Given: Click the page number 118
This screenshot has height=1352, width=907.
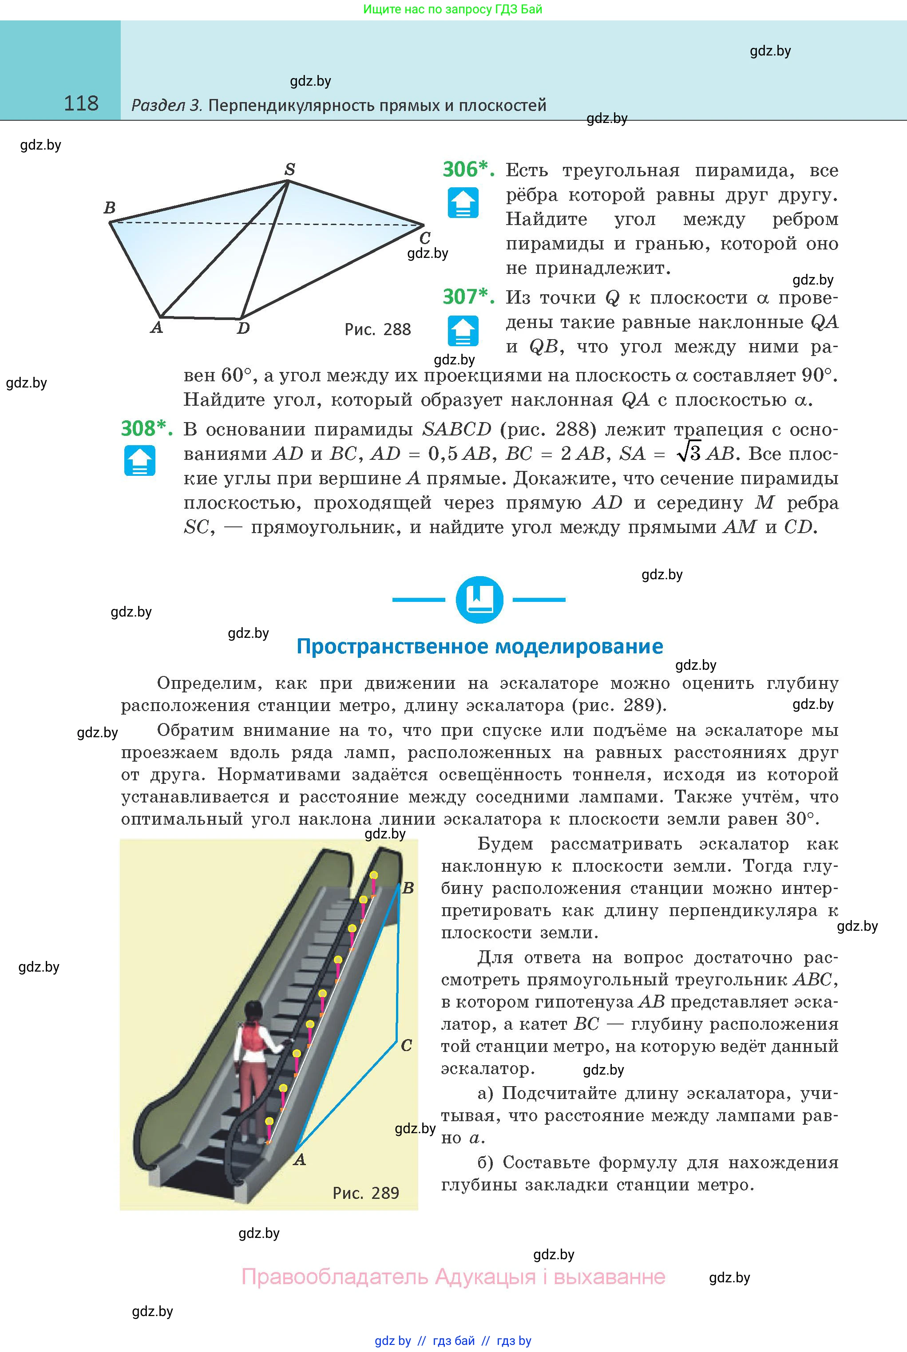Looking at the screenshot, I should coord(81,103).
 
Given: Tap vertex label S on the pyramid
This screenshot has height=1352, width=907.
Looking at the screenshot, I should coord(290,170).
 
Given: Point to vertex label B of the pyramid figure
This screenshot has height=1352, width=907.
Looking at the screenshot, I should coord(109,208).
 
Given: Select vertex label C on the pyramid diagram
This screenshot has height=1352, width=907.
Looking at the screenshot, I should coord(424,237).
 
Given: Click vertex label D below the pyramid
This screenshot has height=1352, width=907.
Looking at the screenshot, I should coord(244,328).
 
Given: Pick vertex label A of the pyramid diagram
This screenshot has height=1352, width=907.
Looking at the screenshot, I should coord(156,328).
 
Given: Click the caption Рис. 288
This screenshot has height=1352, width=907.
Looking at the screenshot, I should coord(377,330).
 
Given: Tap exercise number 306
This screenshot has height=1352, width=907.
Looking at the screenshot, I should coord(467,170).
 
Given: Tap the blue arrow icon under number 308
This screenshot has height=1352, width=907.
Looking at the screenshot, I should coord(139,460).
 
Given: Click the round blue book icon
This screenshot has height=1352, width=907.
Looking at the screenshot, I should coord(479,600).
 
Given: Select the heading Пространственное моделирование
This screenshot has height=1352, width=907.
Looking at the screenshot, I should coord(479,646).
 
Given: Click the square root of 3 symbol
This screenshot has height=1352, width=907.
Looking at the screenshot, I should coord(688,453).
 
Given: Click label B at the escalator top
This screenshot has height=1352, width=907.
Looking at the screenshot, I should coord(408,888).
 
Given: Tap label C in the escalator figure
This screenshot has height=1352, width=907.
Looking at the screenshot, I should coord(407,1046).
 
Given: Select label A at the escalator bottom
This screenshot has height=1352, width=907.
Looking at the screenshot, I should coord(299,1159).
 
